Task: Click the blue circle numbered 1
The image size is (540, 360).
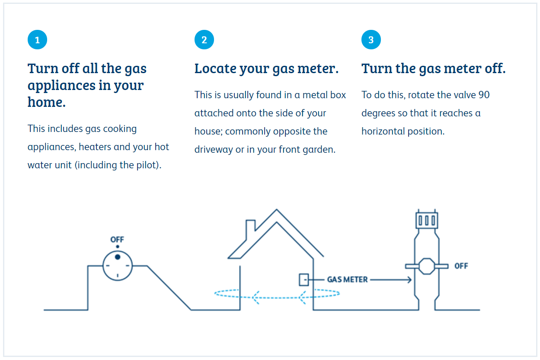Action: (37, 39)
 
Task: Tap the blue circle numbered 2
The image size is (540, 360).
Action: (204, 39)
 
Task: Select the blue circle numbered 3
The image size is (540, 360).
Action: (371, 39)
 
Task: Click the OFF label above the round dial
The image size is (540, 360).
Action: (117, 239)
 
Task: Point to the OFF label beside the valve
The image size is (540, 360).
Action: (461, 266)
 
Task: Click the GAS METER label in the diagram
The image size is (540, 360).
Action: (347, 280)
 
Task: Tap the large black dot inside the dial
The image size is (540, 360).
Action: (118, 257)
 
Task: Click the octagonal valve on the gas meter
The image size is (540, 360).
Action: (427, 266)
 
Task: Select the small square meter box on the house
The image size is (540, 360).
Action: (304, 280)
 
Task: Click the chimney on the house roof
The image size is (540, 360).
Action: (250, 229)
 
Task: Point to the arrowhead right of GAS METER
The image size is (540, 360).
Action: (409, 280)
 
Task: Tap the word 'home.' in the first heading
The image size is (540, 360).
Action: (47, 102)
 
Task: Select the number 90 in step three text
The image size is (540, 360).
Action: (484, 95)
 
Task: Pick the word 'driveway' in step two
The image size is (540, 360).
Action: (214, 150)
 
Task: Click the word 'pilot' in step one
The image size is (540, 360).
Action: (145, 165)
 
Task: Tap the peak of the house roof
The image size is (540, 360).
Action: (277, 209)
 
